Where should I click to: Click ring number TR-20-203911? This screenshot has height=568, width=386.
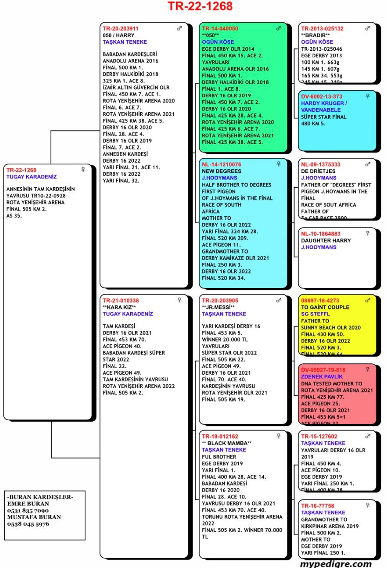(120, 28)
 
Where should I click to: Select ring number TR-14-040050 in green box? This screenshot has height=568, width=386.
(220, 28)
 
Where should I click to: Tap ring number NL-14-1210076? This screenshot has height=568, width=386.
(221, 164)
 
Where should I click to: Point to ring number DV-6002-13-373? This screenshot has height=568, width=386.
(322, 96)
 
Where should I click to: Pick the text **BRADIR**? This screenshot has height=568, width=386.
(315, 35)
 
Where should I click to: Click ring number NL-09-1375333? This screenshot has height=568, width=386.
(321, 164)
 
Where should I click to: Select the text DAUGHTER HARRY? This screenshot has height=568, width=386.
(326, 240)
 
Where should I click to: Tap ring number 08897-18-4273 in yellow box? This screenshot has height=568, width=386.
(320, 301)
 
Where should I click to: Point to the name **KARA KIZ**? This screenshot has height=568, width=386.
(119, 308)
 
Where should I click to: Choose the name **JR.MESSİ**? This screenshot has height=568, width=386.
(218, 308)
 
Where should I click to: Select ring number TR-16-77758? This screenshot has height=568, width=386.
(317, 506)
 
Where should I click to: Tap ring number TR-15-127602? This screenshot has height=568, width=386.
(319, 436)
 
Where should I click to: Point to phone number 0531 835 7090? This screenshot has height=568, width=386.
(28, 511)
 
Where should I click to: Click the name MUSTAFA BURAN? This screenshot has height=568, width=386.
(34, 517)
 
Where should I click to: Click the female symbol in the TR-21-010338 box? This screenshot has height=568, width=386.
(179, 301)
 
